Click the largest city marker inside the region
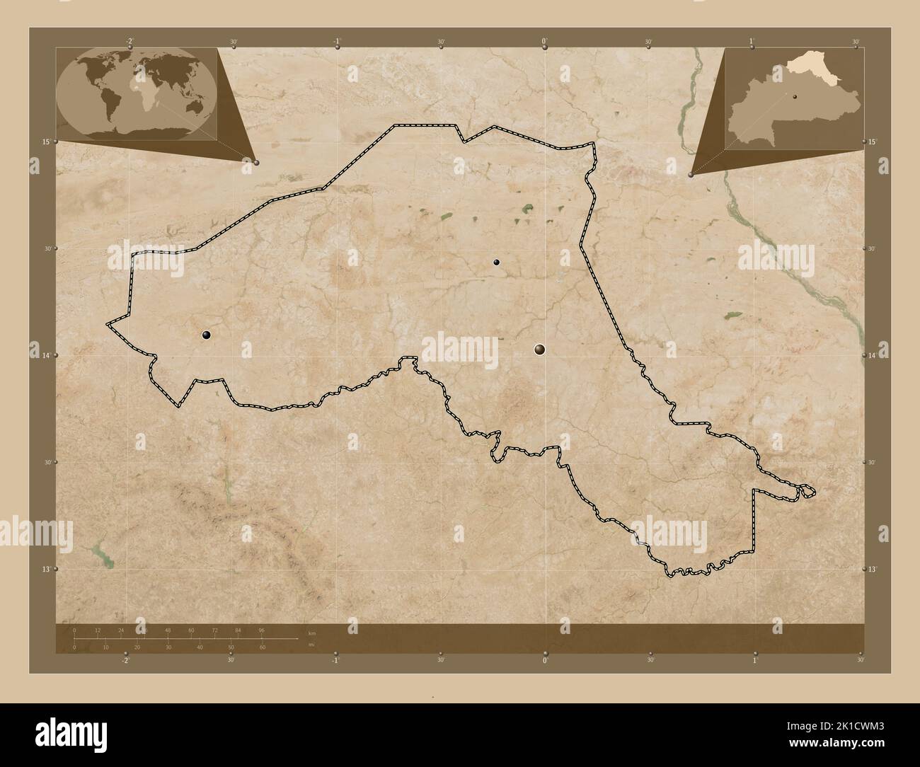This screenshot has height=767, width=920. (x=540, y=348)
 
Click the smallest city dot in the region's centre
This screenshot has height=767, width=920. (x=497, y=263)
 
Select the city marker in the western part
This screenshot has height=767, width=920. (x=207, y=335)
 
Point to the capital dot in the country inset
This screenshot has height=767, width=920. (x=795, y=98)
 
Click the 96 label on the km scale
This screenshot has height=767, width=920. (x=261, y=630)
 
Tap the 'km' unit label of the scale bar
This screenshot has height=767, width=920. (x=312, y=632)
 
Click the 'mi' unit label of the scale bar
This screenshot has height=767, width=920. (x=311, y=645)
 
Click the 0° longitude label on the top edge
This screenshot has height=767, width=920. (x=544, y=42)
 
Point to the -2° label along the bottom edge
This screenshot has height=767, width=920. (x=125, y=660)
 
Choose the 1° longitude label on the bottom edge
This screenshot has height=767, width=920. (x=754, y=660)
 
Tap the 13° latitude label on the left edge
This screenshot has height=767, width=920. (x=46, y=569)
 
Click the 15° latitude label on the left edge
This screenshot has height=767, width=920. (x=46, y=142)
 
